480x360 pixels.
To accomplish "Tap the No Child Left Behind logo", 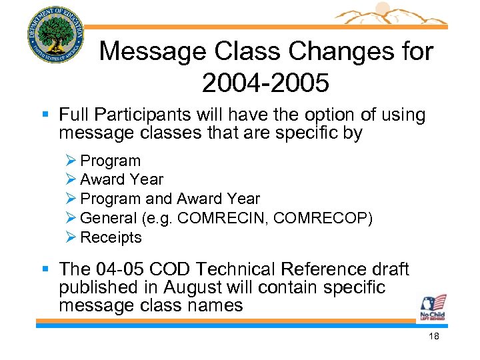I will point(433,307).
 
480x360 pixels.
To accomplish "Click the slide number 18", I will point(433,337).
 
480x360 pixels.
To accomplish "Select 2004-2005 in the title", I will point(265,83).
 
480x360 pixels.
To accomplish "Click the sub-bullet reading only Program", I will point(110,161).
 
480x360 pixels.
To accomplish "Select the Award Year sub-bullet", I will point(121,179).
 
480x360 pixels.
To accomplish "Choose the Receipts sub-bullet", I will point(111,237).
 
